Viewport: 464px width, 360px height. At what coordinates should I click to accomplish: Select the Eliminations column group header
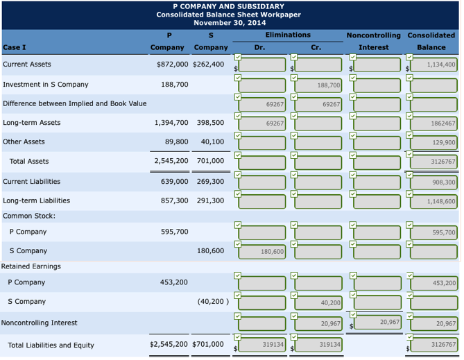click(x=288, y=35)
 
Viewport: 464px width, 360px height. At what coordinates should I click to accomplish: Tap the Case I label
click(x=15, y=47)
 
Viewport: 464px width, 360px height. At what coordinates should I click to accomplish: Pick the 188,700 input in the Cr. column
click(x=318, y=85)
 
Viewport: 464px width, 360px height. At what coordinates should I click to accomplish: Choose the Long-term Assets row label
click(x=31, y=123)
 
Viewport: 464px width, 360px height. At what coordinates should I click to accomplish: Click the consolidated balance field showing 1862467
click(x=434, y=123)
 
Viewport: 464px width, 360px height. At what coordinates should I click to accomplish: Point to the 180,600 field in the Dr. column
click(x=261, y=252)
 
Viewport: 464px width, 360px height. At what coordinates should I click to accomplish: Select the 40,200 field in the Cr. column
click(x=318, y=303)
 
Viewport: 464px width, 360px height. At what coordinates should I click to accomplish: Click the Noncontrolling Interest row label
click(x=39, y=323)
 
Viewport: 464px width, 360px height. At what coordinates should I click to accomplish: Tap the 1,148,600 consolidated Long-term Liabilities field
click(x=434, y=202)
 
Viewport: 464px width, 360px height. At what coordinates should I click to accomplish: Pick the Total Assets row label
click(x=29, y=162)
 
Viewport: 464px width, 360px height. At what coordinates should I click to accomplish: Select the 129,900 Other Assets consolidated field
click(x=434, y=142)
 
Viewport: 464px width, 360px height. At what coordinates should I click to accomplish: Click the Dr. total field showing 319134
click(x=261, y=345)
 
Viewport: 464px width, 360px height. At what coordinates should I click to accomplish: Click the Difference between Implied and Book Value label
click(x=74, y=103)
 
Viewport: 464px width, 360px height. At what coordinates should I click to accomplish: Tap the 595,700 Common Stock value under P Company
click(x=174, y=232)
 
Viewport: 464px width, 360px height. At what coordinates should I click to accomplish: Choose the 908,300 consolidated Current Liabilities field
click(x=434, y=182)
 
